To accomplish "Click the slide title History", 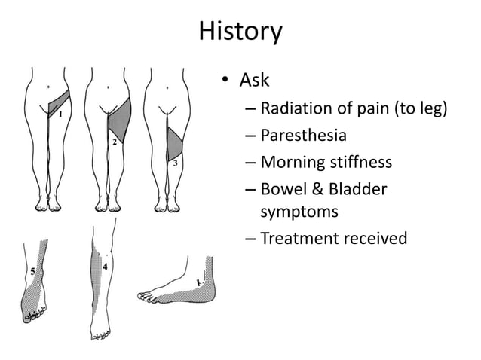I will (x=240, y=32).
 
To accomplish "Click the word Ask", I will (x=254, y=80).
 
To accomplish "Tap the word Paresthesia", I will (x=303, y=136).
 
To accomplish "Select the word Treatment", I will (x=299, y=239).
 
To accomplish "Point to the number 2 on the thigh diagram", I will (x=114, y=141).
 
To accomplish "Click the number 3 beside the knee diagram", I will (x=175, y=162).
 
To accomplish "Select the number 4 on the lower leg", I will (x=104, y=266).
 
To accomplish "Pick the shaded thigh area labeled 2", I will (x=120, y=117).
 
